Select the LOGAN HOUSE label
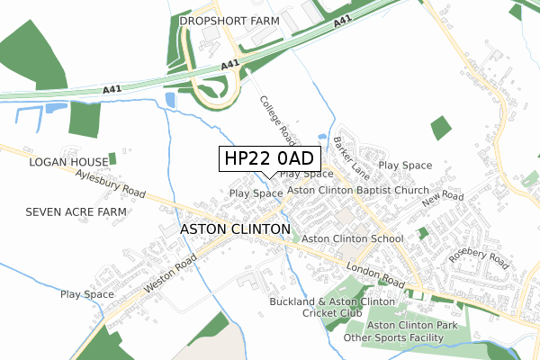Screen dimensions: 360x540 pyautogui.click(x=68, y=162)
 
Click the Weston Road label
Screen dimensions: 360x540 pyautogui.click(x=169, y=275)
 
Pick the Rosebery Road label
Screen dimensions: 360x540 pyautogui.click(x=478, y=259)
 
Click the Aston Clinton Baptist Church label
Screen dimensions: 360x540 pyautogui.click(x=358, y=191)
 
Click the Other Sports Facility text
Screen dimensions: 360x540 pyautogui.click(x=394, y=337)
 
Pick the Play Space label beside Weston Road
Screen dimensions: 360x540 pyautogui.click(x=87, y=294)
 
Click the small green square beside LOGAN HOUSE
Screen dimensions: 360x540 pyautogui.click(x=112, y=158)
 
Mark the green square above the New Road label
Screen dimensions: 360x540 pyautogui.click(x=440, y=129)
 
